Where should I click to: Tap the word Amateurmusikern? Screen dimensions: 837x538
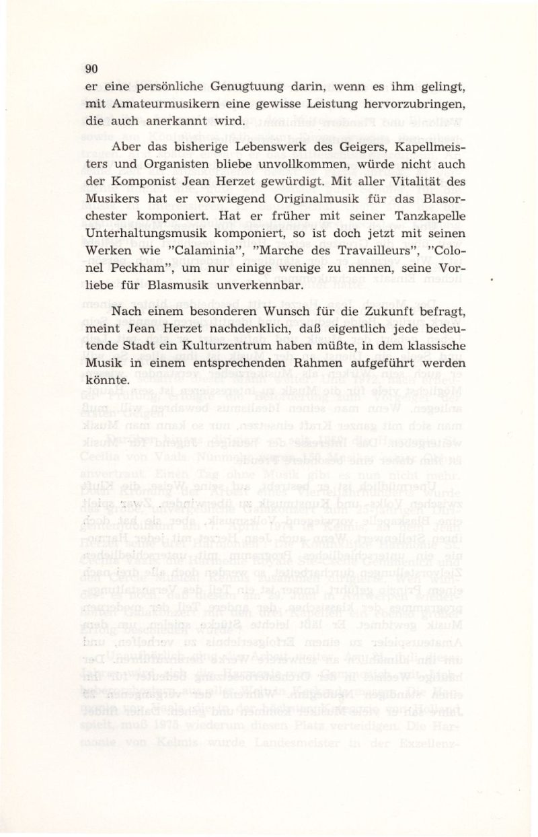(x=165, y=105)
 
